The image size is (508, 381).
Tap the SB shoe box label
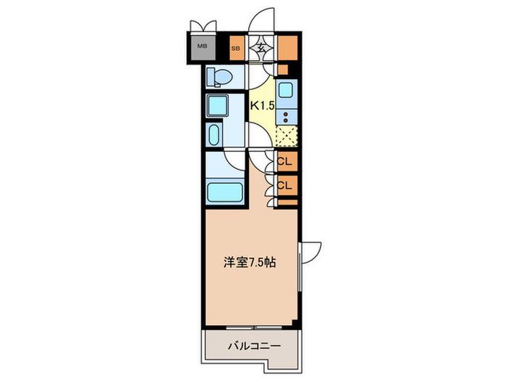click(x=236, y=49)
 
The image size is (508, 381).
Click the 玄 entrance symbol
click(x=262, y=48)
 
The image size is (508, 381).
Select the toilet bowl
click(x=221, y=77)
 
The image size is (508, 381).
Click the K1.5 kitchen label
click(x=263, y=105)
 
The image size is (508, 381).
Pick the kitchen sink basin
click(x=286, y=90)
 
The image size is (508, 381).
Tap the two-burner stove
click(x=286, y=117)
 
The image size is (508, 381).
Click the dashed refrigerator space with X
click(x=286, y=136)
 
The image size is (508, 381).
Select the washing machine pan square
click(x=218, y=106)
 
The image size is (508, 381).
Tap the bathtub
click(x=225, y=192)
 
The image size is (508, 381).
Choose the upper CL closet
click(x=287, y=161)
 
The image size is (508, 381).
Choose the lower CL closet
click(x=287, y=185)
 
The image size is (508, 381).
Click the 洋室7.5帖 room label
click(x=249, y=263)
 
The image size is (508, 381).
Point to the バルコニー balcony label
click(x=254, y=346)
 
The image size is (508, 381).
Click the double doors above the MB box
click(x=203, y=26)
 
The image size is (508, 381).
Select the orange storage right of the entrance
click(x=287, y=48)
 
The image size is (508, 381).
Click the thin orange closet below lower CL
click(x=287, y=202)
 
